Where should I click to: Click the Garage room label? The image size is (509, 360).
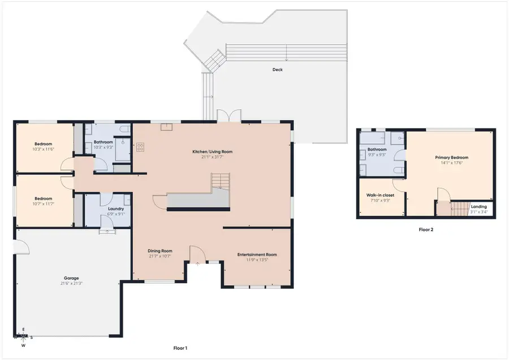(71, 278)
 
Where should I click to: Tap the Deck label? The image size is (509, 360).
(277, 70)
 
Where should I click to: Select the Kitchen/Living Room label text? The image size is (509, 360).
(209, 152)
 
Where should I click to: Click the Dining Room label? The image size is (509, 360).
(159, 251)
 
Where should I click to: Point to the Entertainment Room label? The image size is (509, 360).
(257, 255)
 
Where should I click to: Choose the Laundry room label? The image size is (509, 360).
(107, 209)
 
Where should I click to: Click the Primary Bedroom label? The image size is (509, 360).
(451, 157)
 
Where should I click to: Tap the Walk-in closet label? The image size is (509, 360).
(380, 195)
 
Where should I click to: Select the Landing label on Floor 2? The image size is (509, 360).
(478, 207)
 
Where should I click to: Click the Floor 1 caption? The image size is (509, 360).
(181, 348)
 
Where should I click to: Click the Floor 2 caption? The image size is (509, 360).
(425, 230)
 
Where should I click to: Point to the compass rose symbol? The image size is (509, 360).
(23, 337)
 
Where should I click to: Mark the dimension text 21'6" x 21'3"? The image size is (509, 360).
(71, 284)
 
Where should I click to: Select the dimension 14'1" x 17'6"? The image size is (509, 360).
(451, 163)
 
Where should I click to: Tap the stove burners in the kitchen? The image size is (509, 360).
(139, 147)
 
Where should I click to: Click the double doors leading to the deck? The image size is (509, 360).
(225, 116)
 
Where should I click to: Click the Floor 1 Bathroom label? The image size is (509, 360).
(103, 142)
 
